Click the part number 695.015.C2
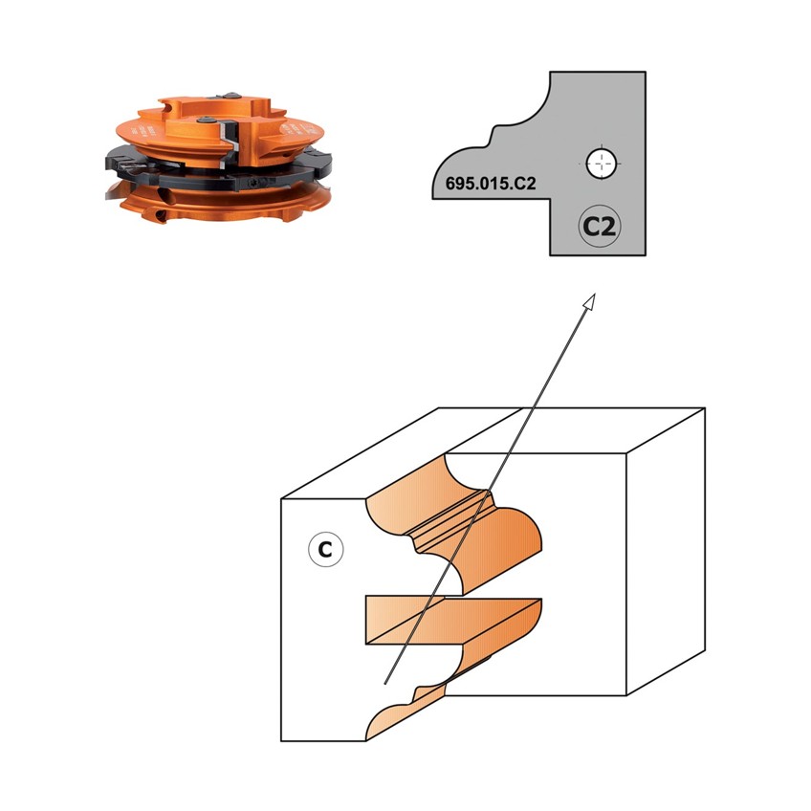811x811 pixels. click(x=491, y=184)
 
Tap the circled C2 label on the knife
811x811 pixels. click(x=600, y=227)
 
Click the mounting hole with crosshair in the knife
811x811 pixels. click(x=601, y=164)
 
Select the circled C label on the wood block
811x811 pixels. click(x=325, y=549)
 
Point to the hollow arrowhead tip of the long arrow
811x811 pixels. click(x=595, y=295)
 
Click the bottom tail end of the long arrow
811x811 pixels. click(x=384, y=684)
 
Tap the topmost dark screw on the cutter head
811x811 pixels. click(x=230, y=96)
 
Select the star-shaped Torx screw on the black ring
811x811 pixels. click(x=254, y=183)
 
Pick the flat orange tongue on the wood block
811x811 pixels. click(x=445, y=620)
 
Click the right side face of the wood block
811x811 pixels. click(x=666, y=552)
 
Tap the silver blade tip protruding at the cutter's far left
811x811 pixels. click(x=112, y=193)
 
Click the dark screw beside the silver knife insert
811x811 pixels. click(x=208, y=120)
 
